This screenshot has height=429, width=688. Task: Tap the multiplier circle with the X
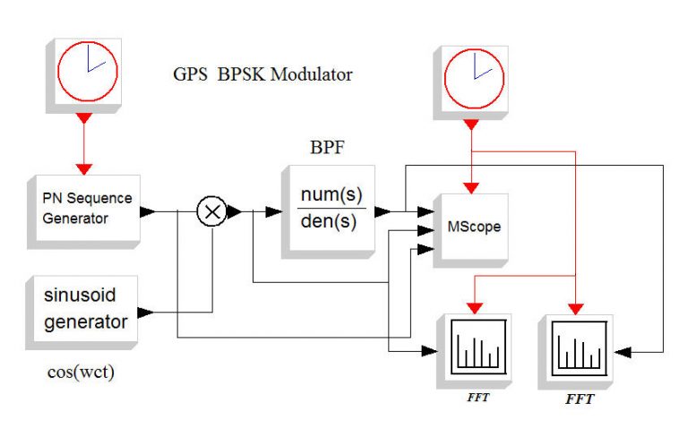pos(211,212)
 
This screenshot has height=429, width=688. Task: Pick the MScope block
pos(471,227)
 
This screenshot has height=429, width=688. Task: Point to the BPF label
pos(328,146)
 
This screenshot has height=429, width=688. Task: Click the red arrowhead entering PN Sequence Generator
pos(84,168)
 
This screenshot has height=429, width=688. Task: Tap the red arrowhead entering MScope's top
pos(472,187)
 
